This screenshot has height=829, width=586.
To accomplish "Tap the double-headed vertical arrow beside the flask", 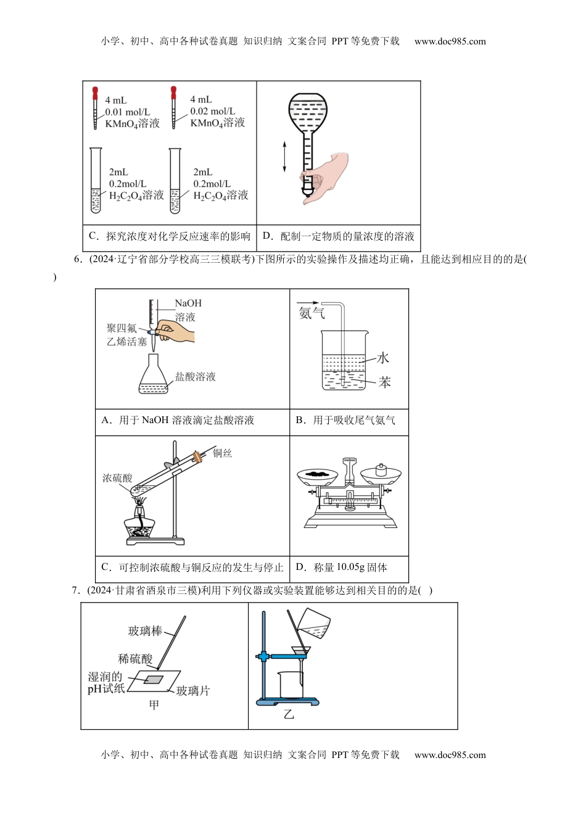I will tap(284, 157).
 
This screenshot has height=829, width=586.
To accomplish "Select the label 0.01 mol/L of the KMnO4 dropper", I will tap(127, 112).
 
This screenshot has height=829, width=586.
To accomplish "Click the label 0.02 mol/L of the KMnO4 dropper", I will tap(212, 112).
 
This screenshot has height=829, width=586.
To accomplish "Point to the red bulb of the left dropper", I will tap(95, 93).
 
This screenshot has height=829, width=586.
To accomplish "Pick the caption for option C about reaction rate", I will tap(170, 236).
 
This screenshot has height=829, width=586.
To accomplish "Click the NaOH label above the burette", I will tap(188, 303).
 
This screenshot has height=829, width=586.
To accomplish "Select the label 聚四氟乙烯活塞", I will tap(126, 335).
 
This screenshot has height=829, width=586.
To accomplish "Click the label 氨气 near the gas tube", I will tap(311, 313).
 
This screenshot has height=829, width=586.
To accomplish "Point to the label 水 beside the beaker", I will tap(383, 358).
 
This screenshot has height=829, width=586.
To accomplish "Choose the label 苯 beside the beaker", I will tap(384, 382).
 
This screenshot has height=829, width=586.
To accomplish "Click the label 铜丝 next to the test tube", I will tap(222, 453).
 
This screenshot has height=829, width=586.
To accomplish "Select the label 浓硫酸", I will tap(117, 478).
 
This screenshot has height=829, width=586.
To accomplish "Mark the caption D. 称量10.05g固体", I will tap(342, 567).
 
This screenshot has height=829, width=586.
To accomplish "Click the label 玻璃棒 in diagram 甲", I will tap(145, 631).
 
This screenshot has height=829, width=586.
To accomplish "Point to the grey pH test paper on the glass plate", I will tap(154, 680).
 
